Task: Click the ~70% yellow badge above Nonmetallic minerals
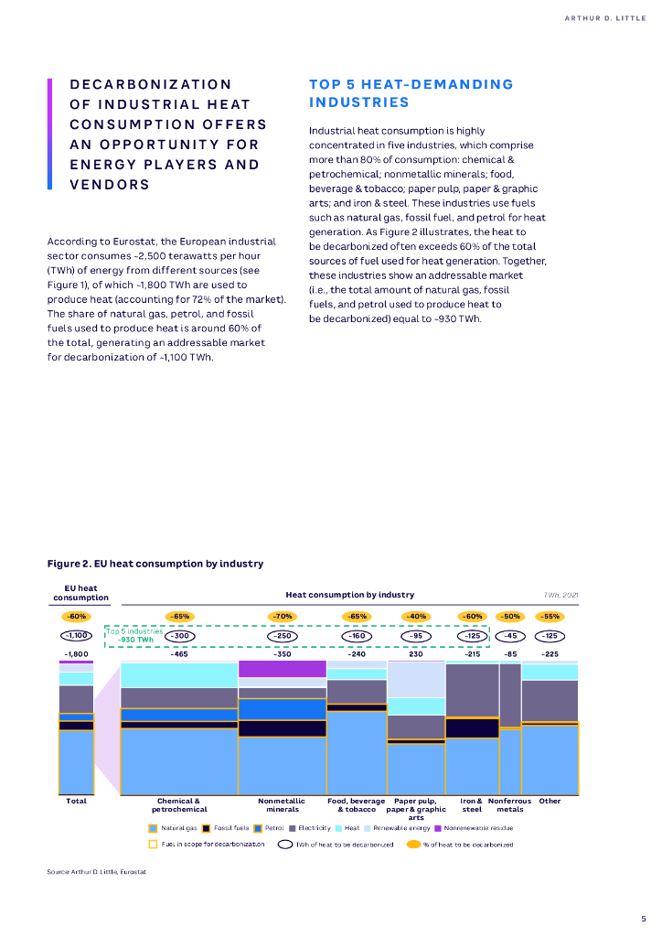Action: coord(282,617)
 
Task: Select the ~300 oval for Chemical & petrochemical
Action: coord(180,636)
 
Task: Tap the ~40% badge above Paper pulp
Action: coord(415,617)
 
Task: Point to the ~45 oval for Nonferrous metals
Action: coord(510,636)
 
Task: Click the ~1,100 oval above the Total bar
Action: coord(77,636)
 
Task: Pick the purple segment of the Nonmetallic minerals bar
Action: coord(282,669)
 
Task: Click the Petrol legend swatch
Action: coord(259,828)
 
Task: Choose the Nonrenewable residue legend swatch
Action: coord(438,828)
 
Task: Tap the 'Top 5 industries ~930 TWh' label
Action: coord(134,635)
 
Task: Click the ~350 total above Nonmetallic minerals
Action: coord(282,654)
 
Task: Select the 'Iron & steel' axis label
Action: coord(472,805)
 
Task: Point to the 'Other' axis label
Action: coord(550,801)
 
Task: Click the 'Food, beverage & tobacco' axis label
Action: coord(357,805)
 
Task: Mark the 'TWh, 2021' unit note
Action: coord(561,595)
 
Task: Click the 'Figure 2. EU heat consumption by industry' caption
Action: coord(155,564)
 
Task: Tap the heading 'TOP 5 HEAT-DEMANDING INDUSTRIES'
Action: coord(411,93)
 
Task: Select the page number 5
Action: coord(643,918)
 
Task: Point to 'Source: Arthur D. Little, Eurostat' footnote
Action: coord(97,872)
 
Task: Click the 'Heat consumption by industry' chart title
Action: coord(350,595)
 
